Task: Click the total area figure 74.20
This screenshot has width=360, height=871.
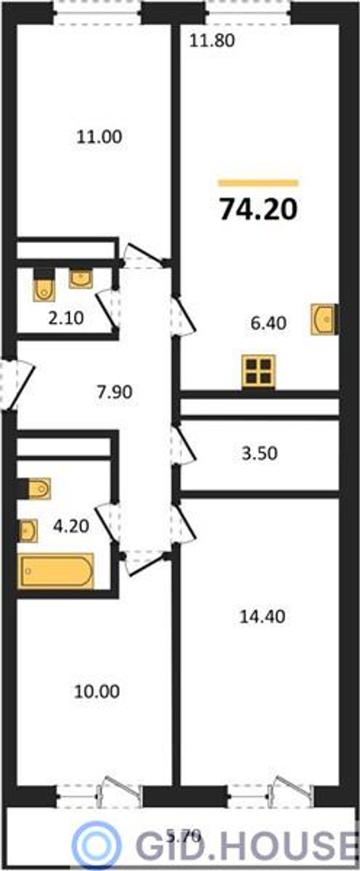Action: (x=259, y=209)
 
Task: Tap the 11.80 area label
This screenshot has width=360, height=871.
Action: (x=213, y=40)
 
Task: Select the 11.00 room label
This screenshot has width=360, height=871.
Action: (x=99, y=137)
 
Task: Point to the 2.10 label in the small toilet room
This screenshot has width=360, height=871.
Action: (x=66, y=317)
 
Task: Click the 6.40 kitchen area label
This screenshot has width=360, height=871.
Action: (x=268, y=323)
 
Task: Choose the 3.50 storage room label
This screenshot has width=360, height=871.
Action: (x=260, y=454)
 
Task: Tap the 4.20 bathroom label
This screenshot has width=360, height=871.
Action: (x=71, y=526)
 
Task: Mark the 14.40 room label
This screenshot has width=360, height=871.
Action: (x=262, y=617)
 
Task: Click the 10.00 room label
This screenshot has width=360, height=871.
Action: (x=96, y=692)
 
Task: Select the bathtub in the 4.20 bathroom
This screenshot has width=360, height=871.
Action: (x=56, y=571)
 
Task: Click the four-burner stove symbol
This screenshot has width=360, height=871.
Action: (x=259, y=371)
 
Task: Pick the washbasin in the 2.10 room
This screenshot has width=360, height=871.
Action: (x=81, y=278)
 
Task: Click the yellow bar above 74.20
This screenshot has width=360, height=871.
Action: (x=258, y=183)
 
